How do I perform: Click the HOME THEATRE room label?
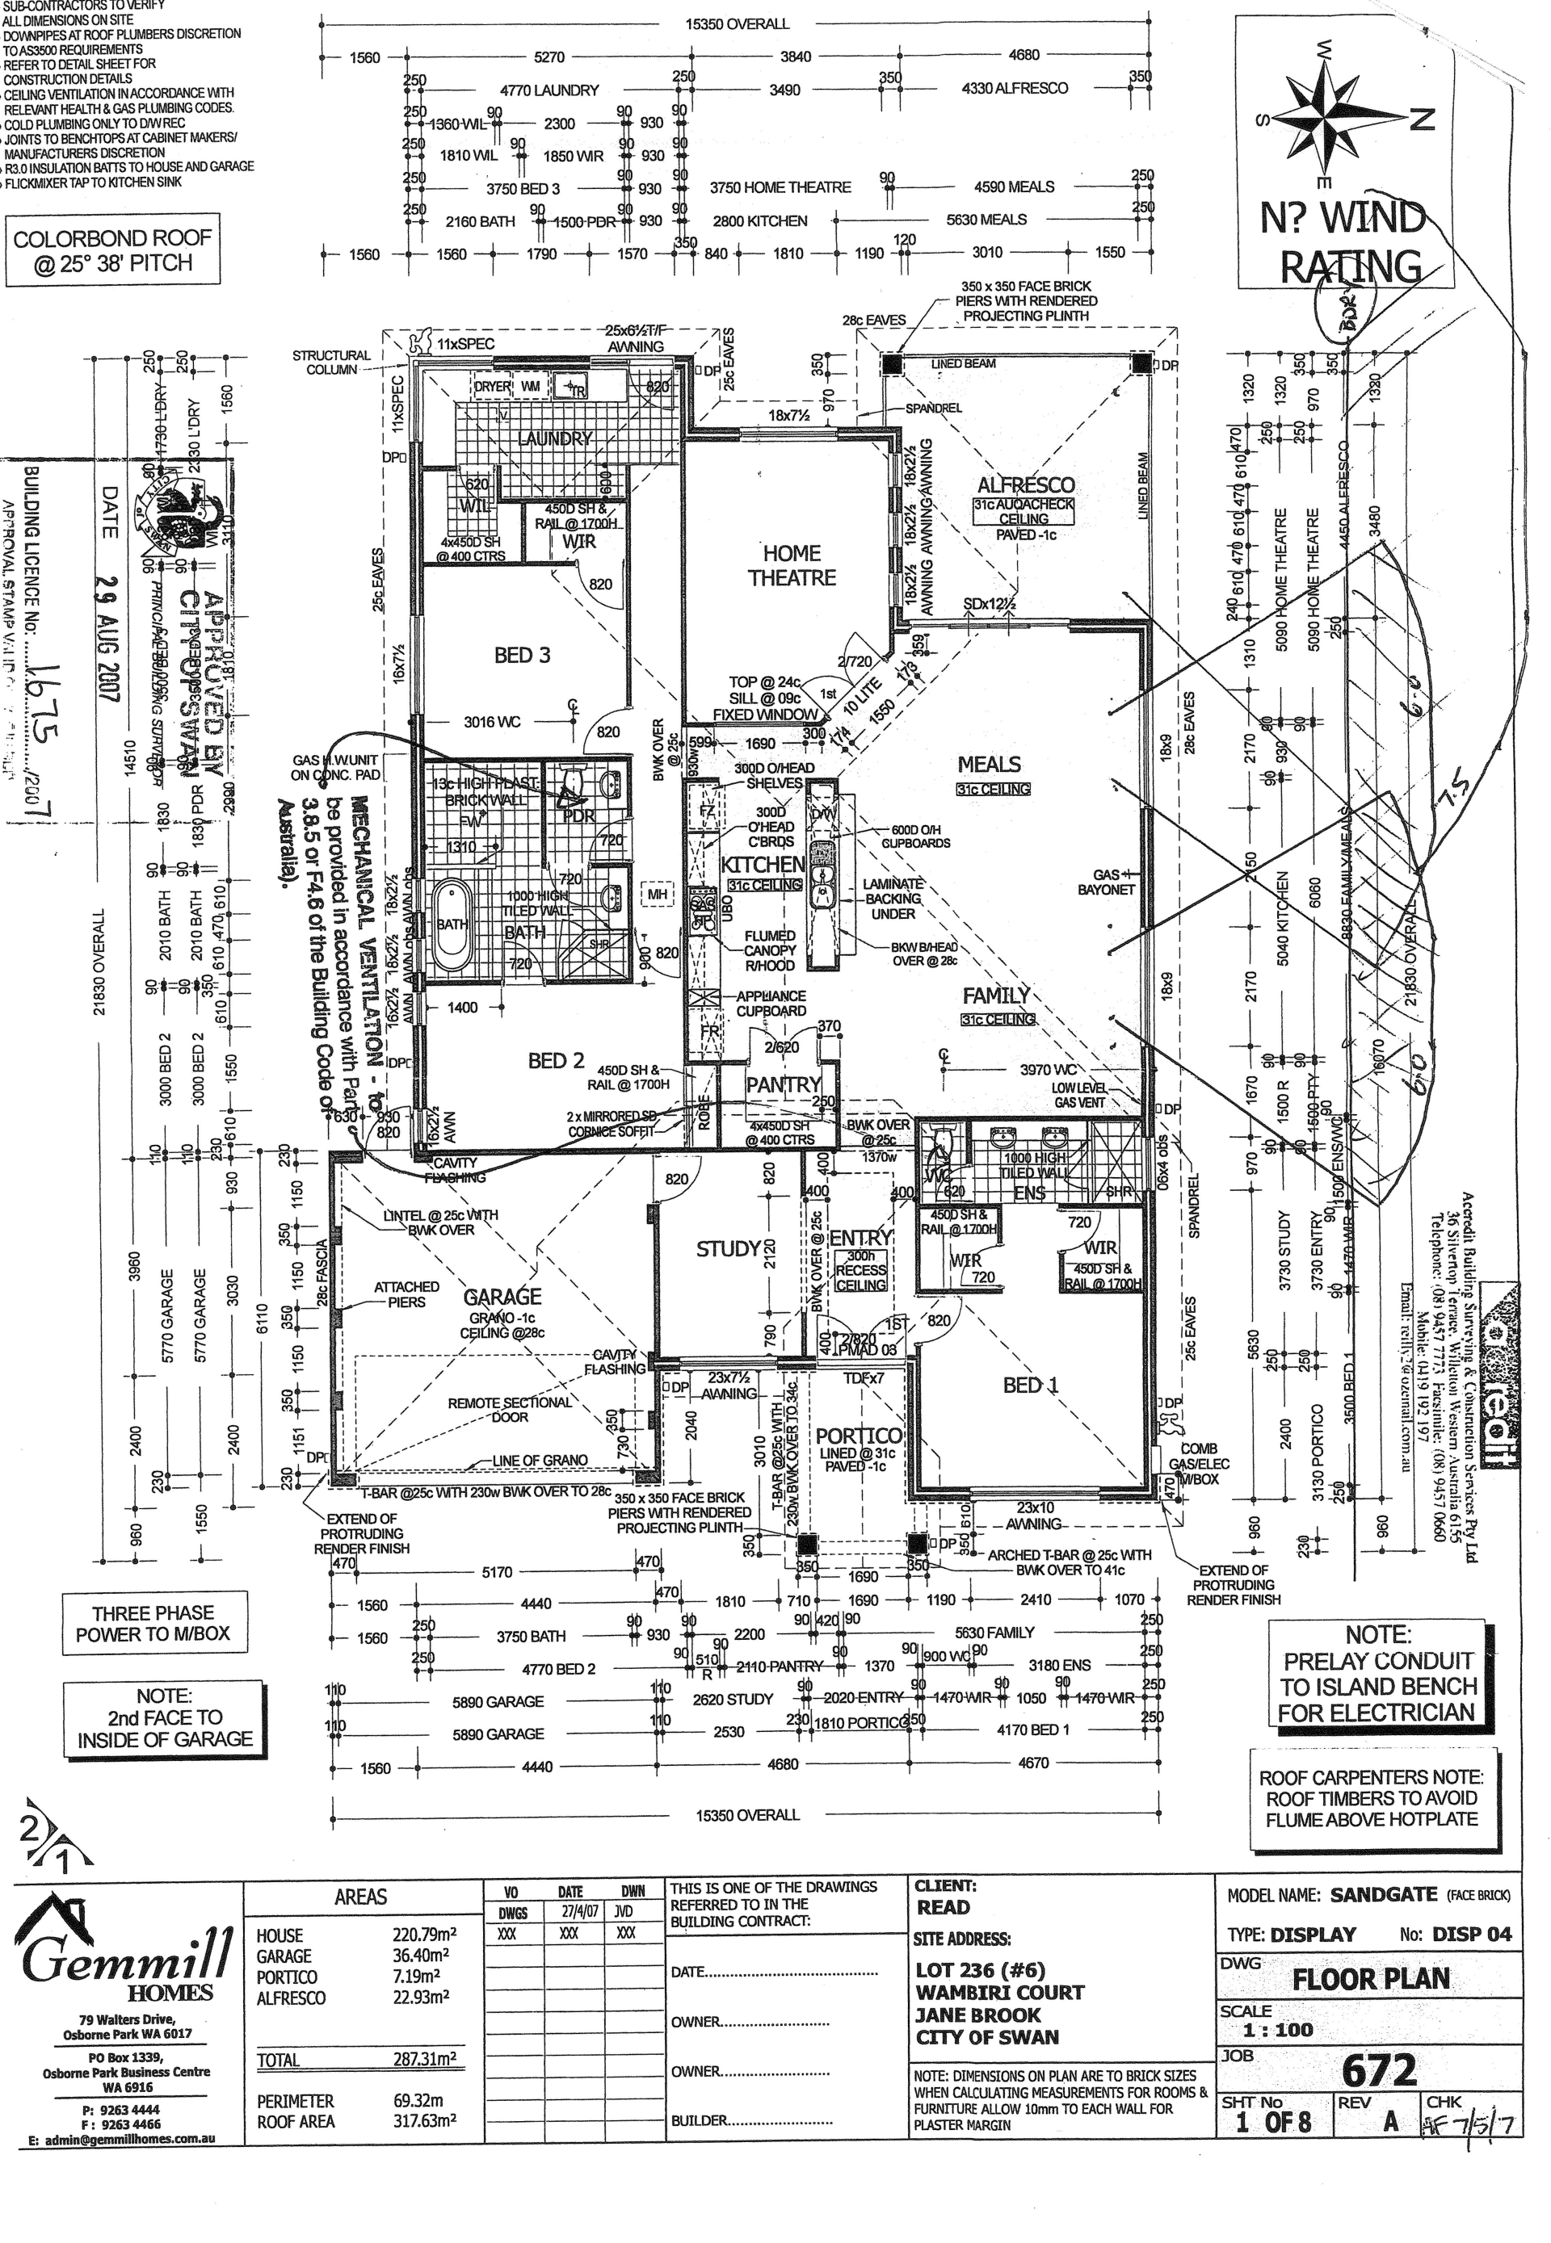pos(792,565)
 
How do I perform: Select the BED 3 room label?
pos(522,656)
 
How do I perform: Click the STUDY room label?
pos(727,1248)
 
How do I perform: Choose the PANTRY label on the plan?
pos(784,1084)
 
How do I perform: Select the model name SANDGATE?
pos(1383,1895)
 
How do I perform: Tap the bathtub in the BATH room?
pos(451,924)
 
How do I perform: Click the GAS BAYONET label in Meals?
pos(1106,882)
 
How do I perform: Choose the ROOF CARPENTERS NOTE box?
pos(1370,1798)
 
